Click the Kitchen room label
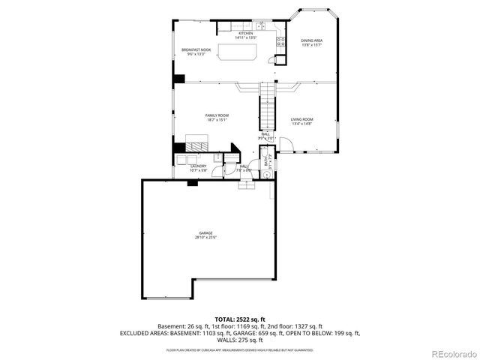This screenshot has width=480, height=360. pyautogui.click(x=245, y=34)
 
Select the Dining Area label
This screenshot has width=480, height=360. pyautogui.click(x=311, y=40)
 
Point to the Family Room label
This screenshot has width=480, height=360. pyautogui.click(x=217, y=115)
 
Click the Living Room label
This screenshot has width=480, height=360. pyautogui.click(x=302, y=119)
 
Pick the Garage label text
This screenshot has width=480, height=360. pyautogui.click(x=205, y=233)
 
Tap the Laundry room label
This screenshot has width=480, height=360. pyautogui.click(x=199, y=166)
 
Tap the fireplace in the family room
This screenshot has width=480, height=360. pyautogui.click(x=196, y=145)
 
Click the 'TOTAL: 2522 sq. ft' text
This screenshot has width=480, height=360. pyautogui.click(x=239, y=319)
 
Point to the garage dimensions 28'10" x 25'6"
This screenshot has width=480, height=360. pyautogui.click(x=205, y=238)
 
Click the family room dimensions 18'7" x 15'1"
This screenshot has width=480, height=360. pyautogui.click(x=217, y=119)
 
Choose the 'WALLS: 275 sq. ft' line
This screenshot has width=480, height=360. pyautogui.click(x=239, y=339)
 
